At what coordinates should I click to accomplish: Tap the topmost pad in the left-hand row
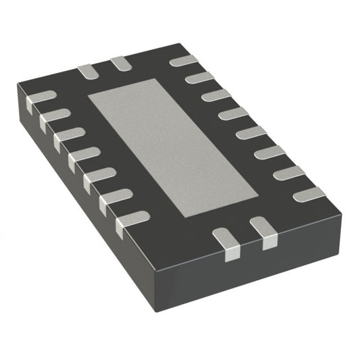pyautogui.click(x=41, y=98)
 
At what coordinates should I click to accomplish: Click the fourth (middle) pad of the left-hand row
pyautogui.click(x=84, y=157)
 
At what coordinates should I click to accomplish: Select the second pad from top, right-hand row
pyautogui.click(x=199, y=78)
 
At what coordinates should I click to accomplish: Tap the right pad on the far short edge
pyautogui.click(x=121, y=63)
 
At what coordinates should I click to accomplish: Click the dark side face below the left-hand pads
pyautogui.click(x=74, y=196)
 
